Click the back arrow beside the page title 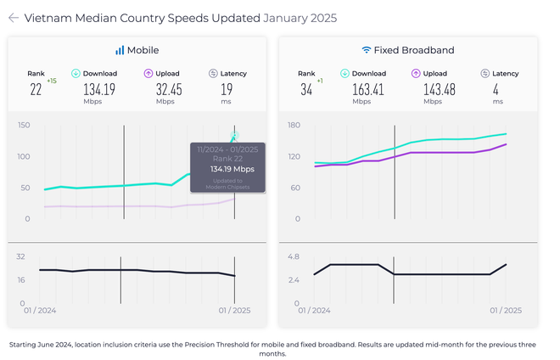click(14, 18)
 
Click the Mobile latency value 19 click(227, 88)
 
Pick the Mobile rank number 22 click(36, 89)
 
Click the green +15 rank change click(51, 81)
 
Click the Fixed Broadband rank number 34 click(305, 89)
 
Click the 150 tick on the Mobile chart click(24, 126)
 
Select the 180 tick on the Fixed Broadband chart click(295, 126)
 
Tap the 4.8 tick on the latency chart click(294, 256)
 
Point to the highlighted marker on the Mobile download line click(234, 136)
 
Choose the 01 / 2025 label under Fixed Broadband click(506, 310)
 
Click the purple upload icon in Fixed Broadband click(415, 74)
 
